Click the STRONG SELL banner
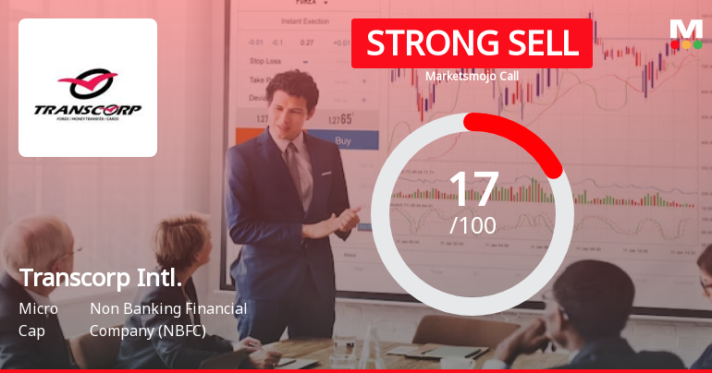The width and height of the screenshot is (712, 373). (x=472, y=43)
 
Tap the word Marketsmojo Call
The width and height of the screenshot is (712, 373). (x=472, y=77)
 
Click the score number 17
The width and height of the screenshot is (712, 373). (x=473, y=189)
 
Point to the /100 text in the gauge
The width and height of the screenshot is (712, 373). (x=473, y=225)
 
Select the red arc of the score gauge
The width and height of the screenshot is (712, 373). (x=527, y=138)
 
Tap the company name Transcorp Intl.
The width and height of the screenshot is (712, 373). (x=100, y=278)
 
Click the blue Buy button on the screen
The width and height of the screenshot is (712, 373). (x=343, y=141)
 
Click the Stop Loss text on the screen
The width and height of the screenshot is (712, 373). (x=266, y=61)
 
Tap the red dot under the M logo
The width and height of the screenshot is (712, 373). (x=675, y=43)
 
